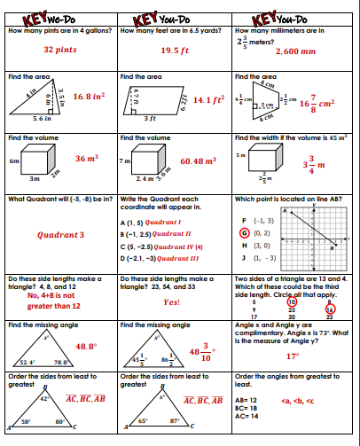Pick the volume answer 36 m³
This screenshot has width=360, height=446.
(86, 159)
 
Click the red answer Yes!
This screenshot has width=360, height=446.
(171, 302)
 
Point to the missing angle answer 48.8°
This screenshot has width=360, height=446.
(86, 347)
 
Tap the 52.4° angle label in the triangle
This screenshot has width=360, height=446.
(27, 363)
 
